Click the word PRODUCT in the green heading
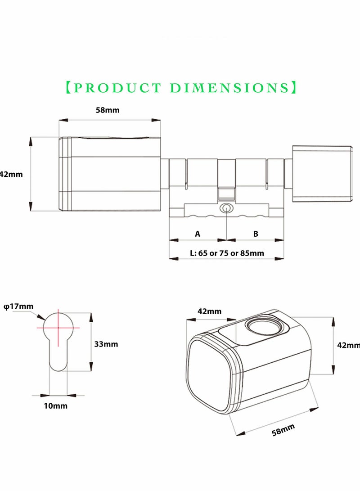point(117,88)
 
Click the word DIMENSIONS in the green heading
point(229,88)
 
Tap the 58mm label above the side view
point(108,110)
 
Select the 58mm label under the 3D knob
point(283,430)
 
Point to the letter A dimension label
point(197,234)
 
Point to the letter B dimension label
point(256,234)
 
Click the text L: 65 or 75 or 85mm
point(227,253)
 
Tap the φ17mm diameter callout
point(18,306)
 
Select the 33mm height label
point(106,344)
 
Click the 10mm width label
point(55,406)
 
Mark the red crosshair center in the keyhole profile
point(58,328)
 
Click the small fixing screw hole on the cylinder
point(226,208)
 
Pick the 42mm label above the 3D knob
point(209,311)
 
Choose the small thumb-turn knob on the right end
point(323,174)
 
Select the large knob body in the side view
point(110,174)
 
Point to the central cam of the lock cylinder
point(226,180)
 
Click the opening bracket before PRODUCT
point(69,88)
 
